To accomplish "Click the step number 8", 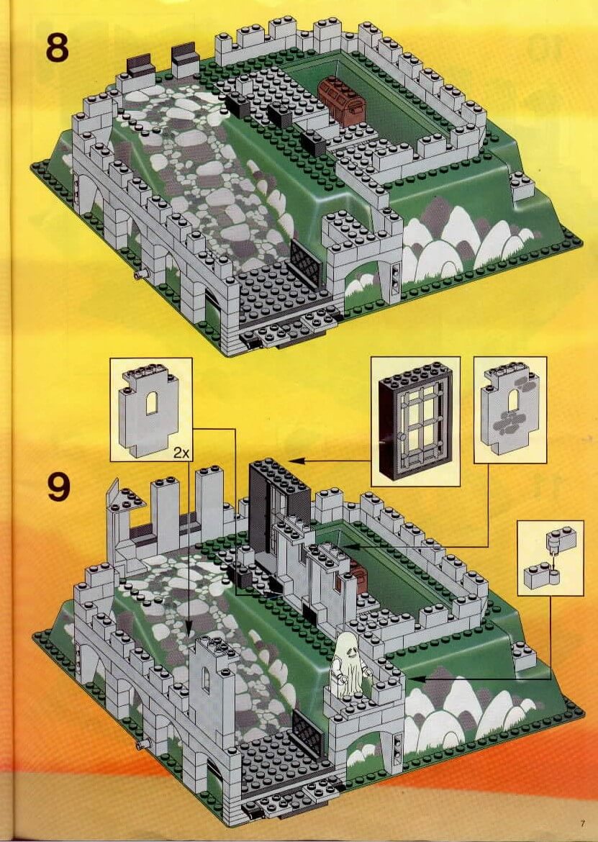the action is (57, 47).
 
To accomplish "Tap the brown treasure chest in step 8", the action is (341, 100).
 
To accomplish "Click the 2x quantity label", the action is (181, 453).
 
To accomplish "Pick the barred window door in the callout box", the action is (415, 420).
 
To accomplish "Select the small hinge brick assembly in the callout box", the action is (550, 558).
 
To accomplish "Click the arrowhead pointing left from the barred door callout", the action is (296, 460).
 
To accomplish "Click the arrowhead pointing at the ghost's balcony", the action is (417, 679).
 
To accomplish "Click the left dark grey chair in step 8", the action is (140, 67).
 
